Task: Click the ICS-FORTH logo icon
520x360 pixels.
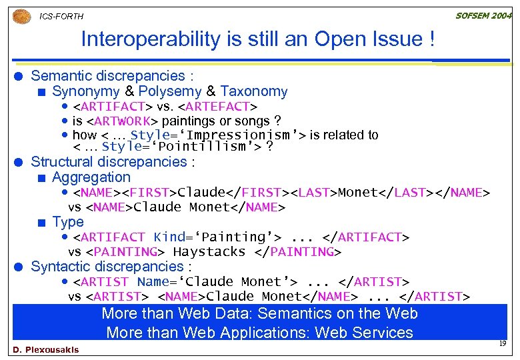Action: point(22,15)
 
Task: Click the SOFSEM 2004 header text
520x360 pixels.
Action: point(483,15)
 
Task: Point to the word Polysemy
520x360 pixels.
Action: point(169,91)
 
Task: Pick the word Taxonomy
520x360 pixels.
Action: point(254,91)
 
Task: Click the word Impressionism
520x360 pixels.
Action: point(233,135)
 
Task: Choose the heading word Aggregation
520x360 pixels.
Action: point(91,177)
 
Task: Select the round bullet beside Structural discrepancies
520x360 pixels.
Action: point(21,162)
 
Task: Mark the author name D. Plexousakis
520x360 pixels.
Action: point(45,350)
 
